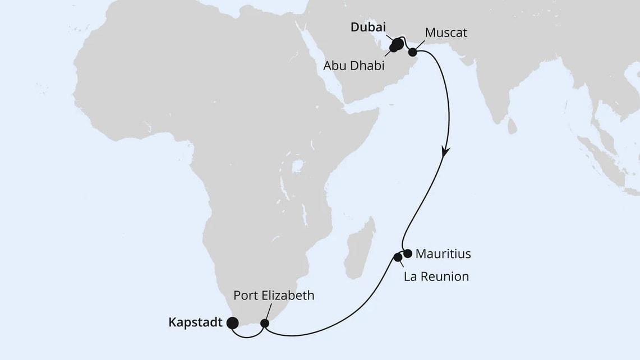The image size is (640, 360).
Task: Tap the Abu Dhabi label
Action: pyautogui.click(x=353, y=66)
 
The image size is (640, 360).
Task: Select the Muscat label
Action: pyautogui.click(x=445, y=33)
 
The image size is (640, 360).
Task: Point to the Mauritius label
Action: pyautogui.click(x=443, y=254)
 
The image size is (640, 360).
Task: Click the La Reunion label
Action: pyautogui.click(x=436, y=276)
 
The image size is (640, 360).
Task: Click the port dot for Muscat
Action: pyautogui.click(x=413, y=52)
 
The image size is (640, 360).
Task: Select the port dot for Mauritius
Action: pyautogui.click(x=408, y=253)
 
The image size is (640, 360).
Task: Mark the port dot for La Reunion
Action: pyautogui.click(x=398, y=257)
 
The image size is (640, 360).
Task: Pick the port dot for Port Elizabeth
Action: pyautogui.click(x=265, y=323)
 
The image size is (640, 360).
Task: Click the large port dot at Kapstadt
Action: pyautogui.click(x=231, y=323)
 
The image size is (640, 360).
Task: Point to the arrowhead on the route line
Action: pyautogui.click(x=445, y=151)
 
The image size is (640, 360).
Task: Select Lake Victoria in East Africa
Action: pyautogui.click(x=297, y=166)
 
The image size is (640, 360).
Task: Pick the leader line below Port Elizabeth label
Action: pyautogui.click(x=270, y=311)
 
